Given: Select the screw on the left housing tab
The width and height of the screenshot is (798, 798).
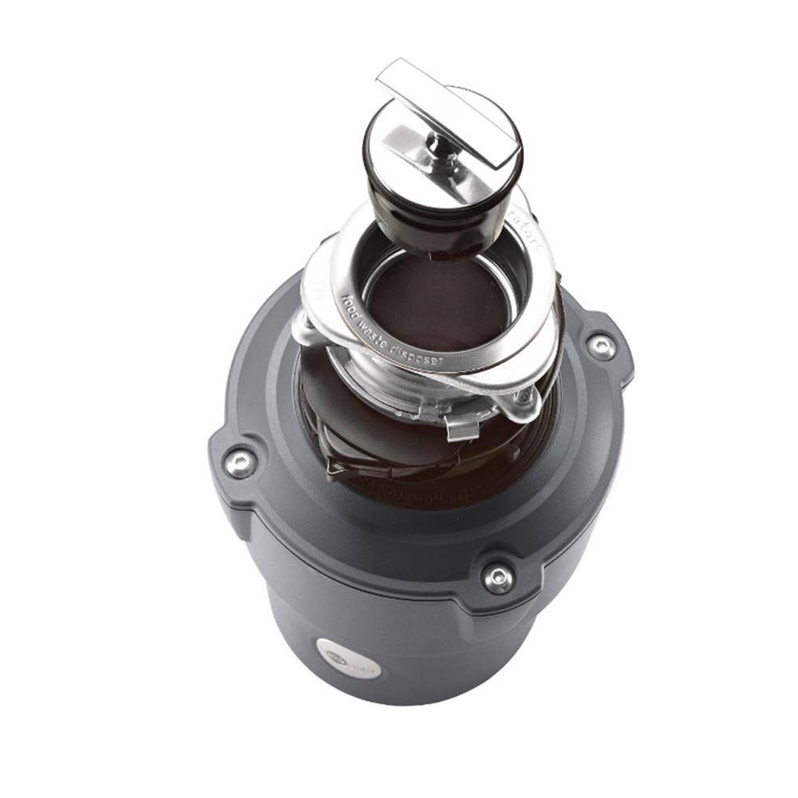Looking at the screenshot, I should pos(239,462).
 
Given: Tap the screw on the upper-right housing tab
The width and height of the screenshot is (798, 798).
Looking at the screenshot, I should pos(600,346).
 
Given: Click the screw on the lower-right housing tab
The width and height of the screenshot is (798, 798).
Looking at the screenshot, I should pos(499,577).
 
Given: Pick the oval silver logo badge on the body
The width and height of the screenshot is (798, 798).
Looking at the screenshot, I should pos(348,658).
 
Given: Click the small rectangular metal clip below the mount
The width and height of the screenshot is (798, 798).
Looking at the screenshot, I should pos(463,427).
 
